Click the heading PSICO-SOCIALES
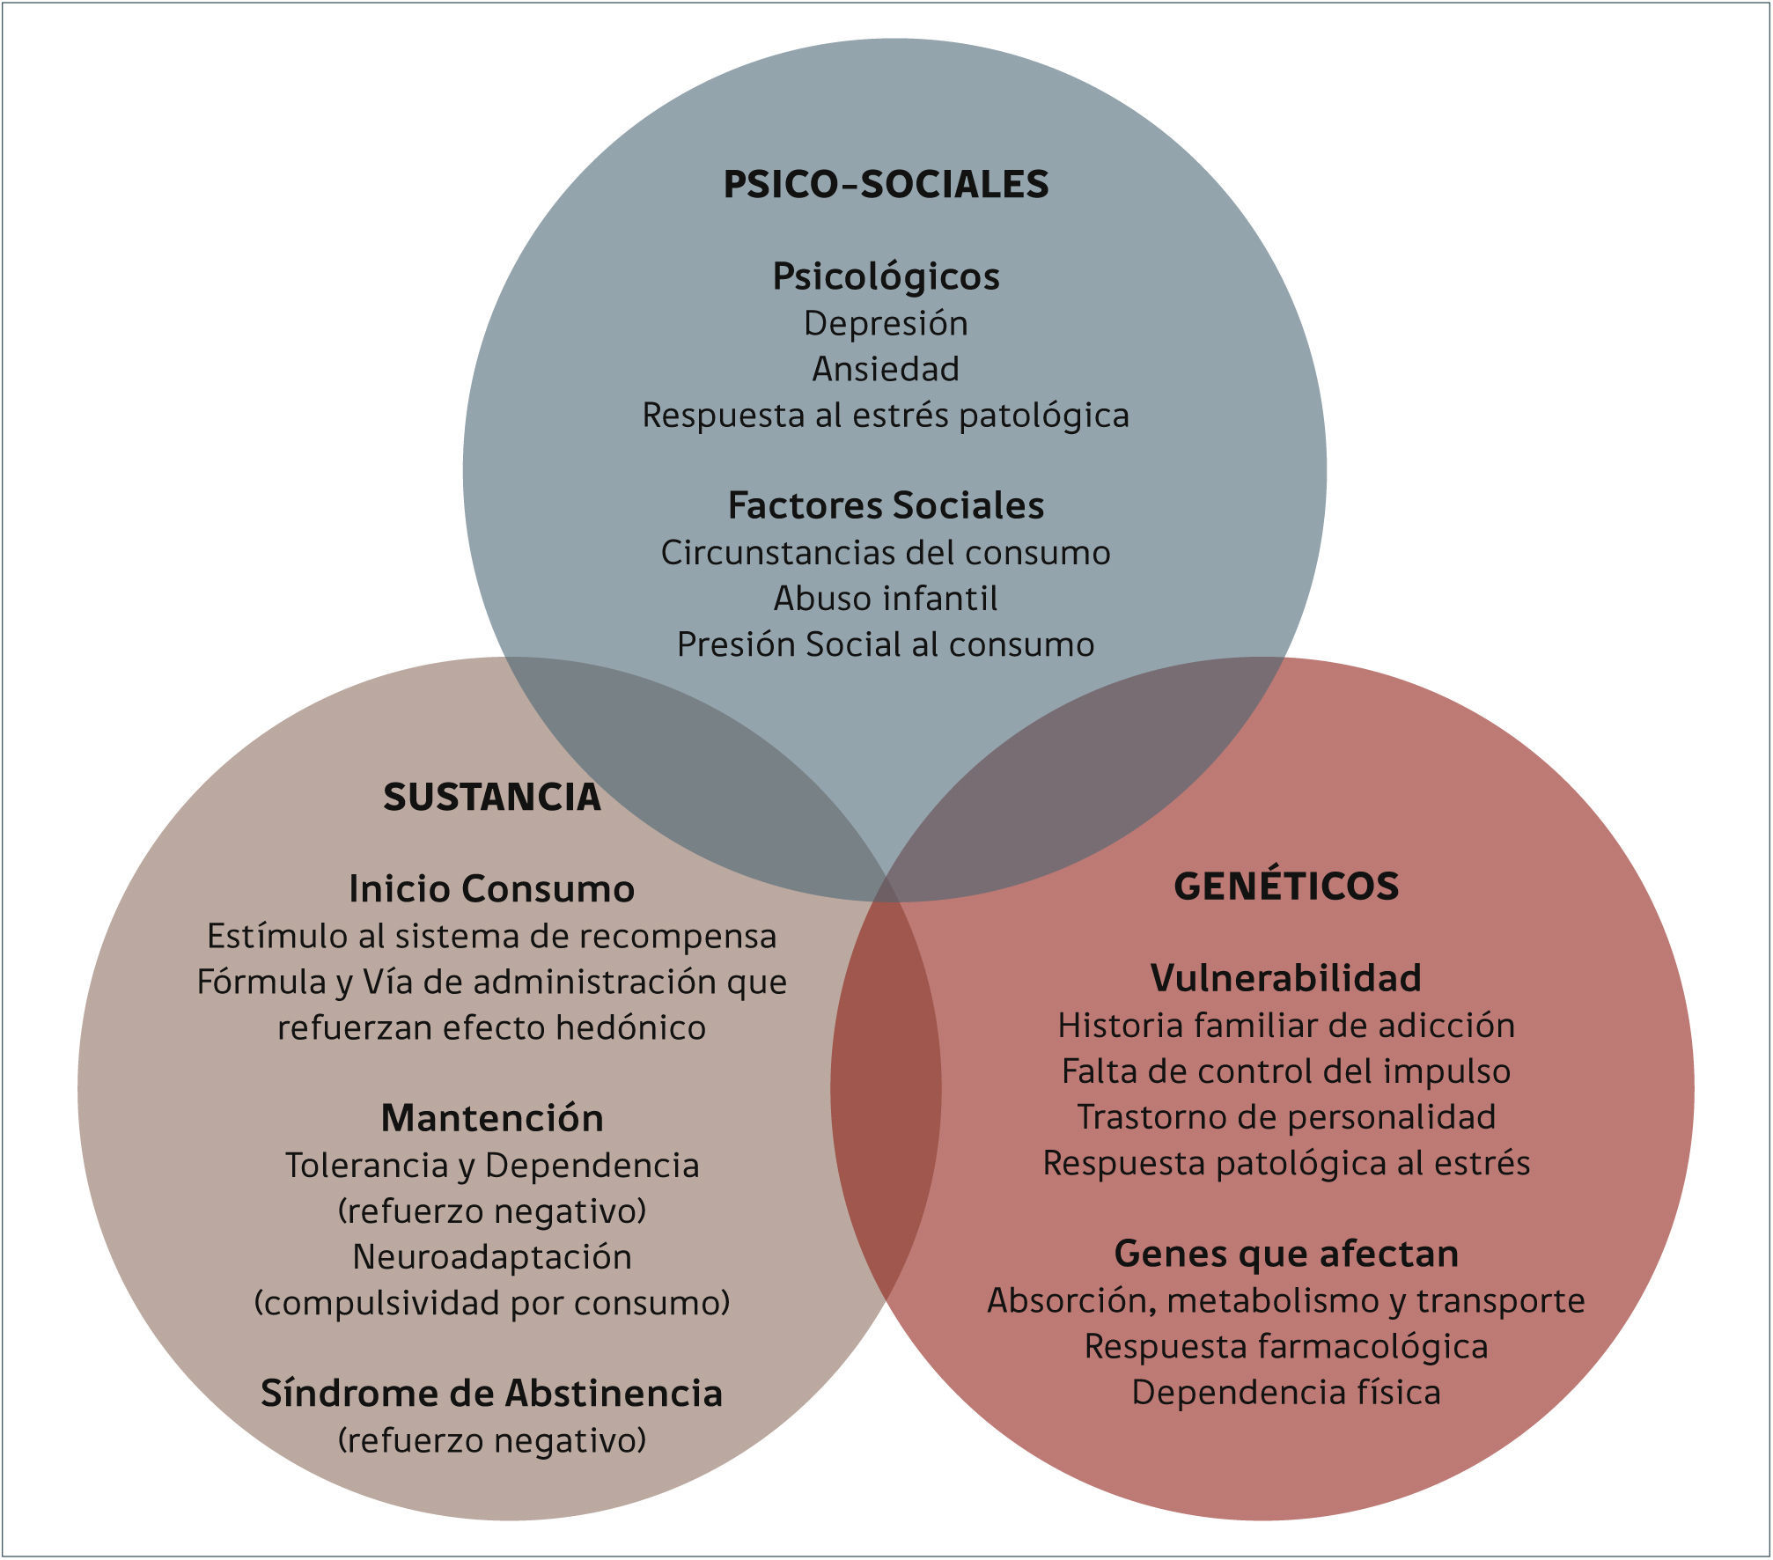(x=886, y=184)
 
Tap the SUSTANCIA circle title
(x=492, y=798)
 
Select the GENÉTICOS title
(x=1286, y=886)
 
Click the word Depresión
(x=886, y=323)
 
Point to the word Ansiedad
(x=886, y=369)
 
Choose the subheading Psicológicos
(x=886, y=276)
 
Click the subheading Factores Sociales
(x=886, y=505)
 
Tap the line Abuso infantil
(x=886, y=599)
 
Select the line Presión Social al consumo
(x=886, y=644)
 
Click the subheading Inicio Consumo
(x=492, y=889)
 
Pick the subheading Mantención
(x=492, y=1118)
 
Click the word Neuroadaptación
(x=492, y=1256)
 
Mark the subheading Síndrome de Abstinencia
(x=492, y=1393)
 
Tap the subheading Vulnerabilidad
(x=1286, y=978)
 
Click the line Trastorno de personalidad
(x=1286, y=1116)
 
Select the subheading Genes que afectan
(x=1286, y=1254)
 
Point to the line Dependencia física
(x=1286, y=1392)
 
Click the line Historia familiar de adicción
(x=1286, y=1025)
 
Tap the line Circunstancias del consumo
(x=886, y=553)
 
